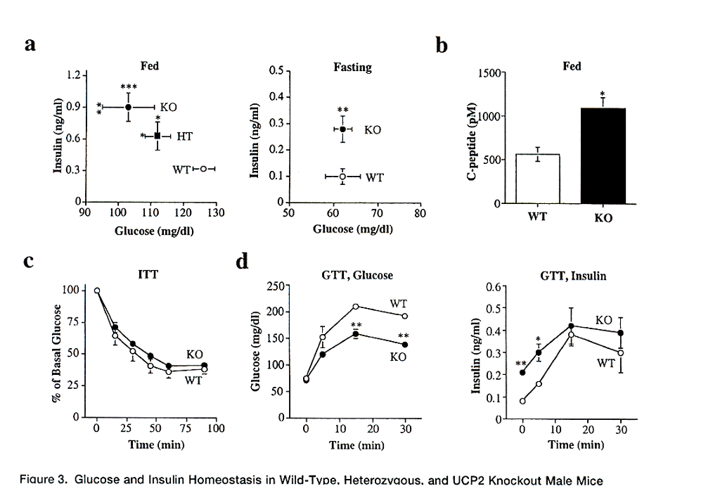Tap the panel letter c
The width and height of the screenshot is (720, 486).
pyautogui.click(x=29, y=261)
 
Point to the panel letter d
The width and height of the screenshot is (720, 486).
pyautogui.click(x=242, y=262)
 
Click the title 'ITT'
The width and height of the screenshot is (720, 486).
pyautogui.click(x=148, y=276)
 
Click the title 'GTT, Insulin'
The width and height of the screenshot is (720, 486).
pyautogui.click(x=572, y=276)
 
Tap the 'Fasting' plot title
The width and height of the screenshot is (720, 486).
pyautogui.click(x=352, y=68)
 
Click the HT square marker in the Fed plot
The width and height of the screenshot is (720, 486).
pyautogui.click(x=157, y=136)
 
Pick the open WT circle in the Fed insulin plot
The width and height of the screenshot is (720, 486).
pyautogui.click(x=203, y=169)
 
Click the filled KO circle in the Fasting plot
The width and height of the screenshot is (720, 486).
pyautogui.click(x=342, y=129)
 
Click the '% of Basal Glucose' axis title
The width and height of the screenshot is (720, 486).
pyautogui.click(x=65, y=352)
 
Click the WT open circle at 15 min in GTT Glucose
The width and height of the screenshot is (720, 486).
pyautogui.click(x=356, y=307)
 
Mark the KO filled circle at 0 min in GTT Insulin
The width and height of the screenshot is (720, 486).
pyautogui.click(x=522, y=372)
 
